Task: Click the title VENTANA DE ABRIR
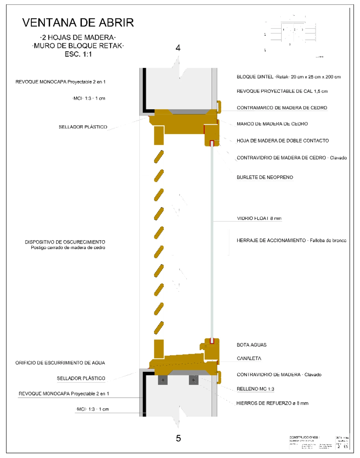click(x=78, y=23)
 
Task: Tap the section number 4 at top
click(x=178, y=48)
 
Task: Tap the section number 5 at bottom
click(x=178, y=438)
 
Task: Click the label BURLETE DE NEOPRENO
click(x=265, y=177)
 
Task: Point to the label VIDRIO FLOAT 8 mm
click(x=259, y=218)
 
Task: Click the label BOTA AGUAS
click(x=251, y=345)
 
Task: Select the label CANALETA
click(x=249, y=358)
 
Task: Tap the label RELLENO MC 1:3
click(x=255, y=389)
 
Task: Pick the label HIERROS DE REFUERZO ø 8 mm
click(x=272, y=403)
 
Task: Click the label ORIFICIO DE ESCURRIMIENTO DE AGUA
click(x=60, y=363)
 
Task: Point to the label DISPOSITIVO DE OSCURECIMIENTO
click(x=65, y=242)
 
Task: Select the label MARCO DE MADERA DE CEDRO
click(x=272, y=124)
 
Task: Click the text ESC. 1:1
click(x=78, y=54)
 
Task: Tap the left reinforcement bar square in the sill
click(x=163, y=380)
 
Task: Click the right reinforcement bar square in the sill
click(x=193, y=380)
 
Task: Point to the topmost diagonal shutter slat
click(x=159, y=157)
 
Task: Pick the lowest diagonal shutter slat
click(x=159, y=328)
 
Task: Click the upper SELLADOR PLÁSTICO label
click(x=83, y=127)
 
